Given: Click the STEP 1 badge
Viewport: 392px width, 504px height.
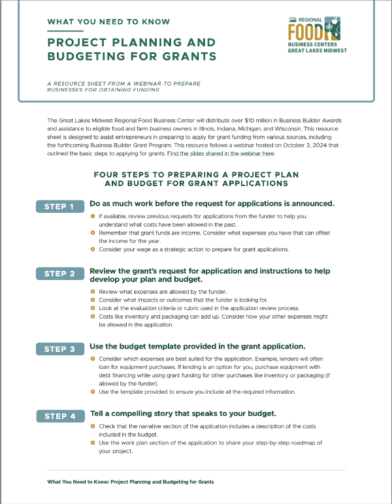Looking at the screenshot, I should [59, 207].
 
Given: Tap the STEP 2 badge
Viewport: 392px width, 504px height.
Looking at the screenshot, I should [59, 274].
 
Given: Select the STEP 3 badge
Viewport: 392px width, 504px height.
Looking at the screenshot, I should [59, 349].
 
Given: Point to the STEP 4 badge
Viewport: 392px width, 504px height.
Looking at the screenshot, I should [59, 417].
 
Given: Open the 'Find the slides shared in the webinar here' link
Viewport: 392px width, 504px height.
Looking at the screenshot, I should [221, 153].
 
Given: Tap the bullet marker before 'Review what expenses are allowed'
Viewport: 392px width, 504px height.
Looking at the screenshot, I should [93, 292].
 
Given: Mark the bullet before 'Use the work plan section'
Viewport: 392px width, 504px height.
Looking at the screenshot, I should [93, 443].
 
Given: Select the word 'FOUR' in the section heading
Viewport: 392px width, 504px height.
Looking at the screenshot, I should [107, 176].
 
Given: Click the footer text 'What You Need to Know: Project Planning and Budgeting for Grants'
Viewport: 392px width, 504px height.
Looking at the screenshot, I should [131, 482].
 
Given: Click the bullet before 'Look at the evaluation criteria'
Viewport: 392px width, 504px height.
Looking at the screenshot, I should [93, 307].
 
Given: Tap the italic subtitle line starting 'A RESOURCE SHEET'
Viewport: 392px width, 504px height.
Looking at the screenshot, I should [123, 84].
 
